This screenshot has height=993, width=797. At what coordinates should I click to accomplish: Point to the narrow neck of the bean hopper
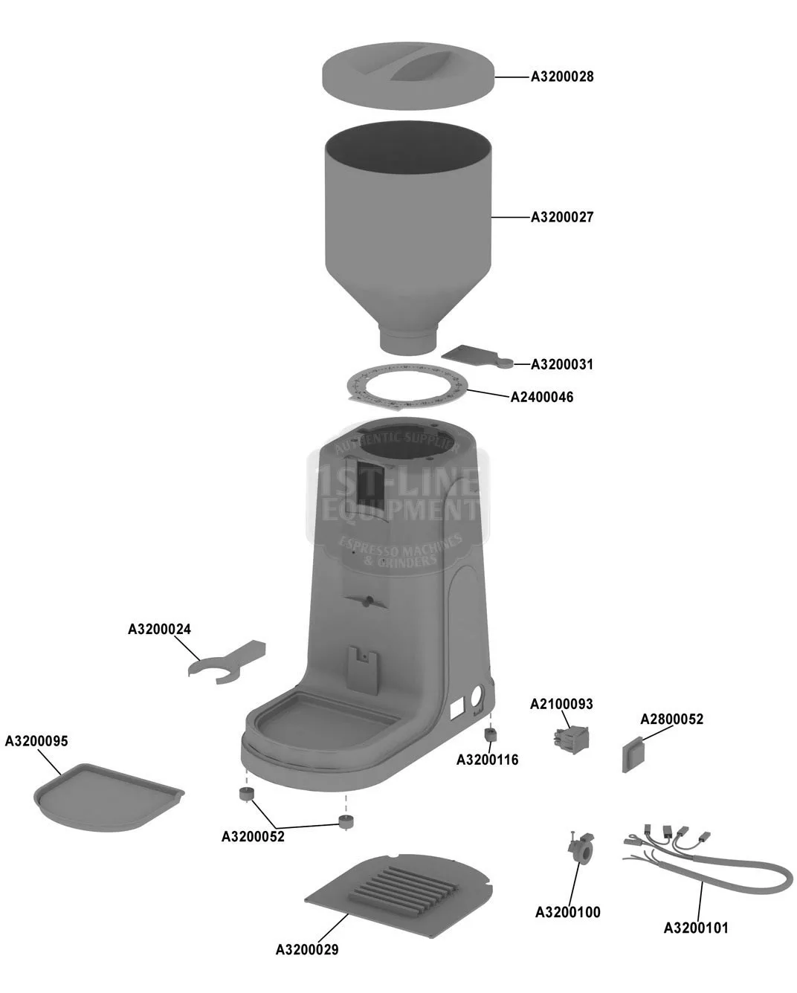click(408, 340)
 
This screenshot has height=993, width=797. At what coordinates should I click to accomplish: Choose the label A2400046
click(541, 397)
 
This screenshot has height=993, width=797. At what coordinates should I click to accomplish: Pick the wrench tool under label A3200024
click(225, 662)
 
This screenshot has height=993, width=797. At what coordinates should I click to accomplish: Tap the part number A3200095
click(36, 741)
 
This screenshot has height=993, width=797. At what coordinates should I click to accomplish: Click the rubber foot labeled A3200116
click(490, 735)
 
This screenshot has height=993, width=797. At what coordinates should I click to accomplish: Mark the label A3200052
click(253, 836)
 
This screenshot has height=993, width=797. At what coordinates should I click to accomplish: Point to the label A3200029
click(307, 949)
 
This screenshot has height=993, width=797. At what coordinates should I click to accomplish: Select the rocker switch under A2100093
click(566, 738)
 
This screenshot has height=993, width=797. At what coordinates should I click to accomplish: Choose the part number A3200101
click(695, 928)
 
